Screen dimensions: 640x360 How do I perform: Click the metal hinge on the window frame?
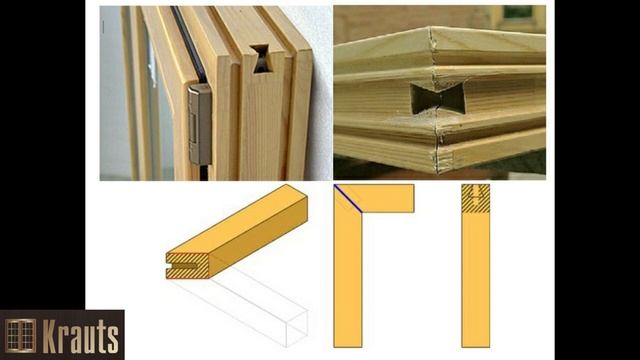pos(200,124)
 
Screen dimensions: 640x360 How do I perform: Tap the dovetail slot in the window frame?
pos(260,58)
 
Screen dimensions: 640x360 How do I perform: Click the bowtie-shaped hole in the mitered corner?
pos(438,98)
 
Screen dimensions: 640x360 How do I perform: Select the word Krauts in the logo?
pos(81,337)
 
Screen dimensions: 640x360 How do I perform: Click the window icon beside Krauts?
pos(20,336)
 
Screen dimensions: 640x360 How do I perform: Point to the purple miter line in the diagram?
pos(348,199)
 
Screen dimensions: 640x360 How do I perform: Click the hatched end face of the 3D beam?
pos(188,266)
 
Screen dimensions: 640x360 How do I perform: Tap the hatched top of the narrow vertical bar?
pos(476,198)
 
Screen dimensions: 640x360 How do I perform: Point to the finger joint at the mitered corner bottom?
pos(442,160)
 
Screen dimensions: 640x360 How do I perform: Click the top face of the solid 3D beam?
pos(237,219)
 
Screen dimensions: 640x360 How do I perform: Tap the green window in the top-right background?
pos(518,12)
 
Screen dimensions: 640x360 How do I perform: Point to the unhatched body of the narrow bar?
pos(476,280)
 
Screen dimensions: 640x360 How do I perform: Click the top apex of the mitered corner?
pos(431,27)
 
